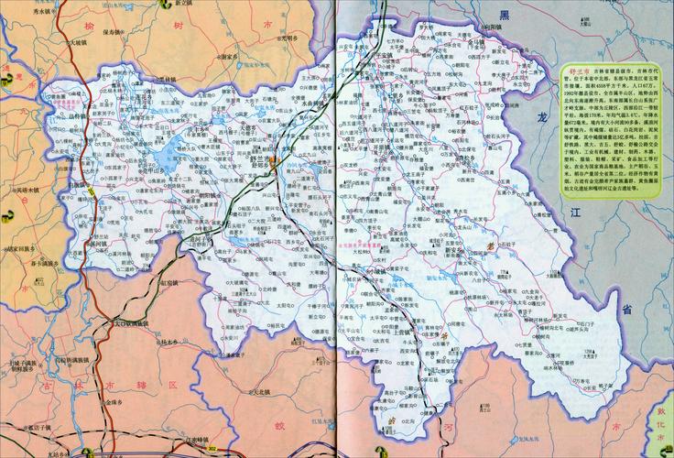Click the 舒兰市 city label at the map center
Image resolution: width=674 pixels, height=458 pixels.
pyautogui.click(x=263, y=157)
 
